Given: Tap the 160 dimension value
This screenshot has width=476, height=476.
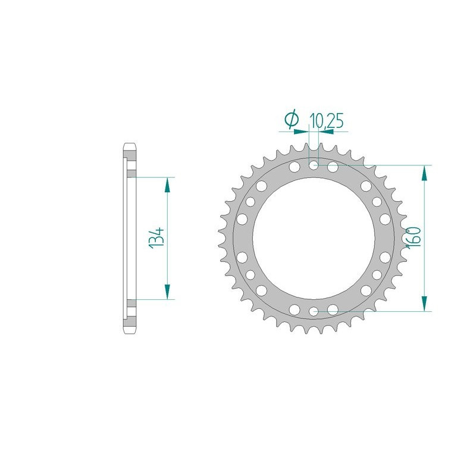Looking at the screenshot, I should [415, 237].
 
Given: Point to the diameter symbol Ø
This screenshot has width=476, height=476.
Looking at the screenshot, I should [292, 120].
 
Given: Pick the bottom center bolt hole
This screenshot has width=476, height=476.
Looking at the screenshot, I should [314, 310].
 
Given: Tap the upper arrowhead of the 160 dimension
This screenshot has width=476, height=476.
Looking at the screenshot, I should [424, 172].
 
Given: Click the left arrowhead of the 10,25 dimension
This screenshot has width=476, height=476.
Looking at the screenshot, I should [303, 127].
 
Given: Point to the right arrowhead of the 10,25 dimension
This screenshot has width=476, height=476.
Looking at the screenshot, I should [325, 127].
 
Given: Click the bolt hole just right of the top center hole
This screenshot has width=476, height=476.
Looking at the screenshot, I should [333, 167].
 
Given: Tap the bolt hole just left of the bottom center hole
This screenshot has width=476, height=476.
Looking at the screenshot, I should [295, 308].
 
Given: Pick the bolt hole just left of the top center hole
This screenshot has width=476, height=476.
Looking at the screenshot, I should [295, 167].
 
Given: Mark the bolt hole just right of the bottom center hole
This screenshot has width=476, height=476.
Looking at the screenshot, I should [333, 308].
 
